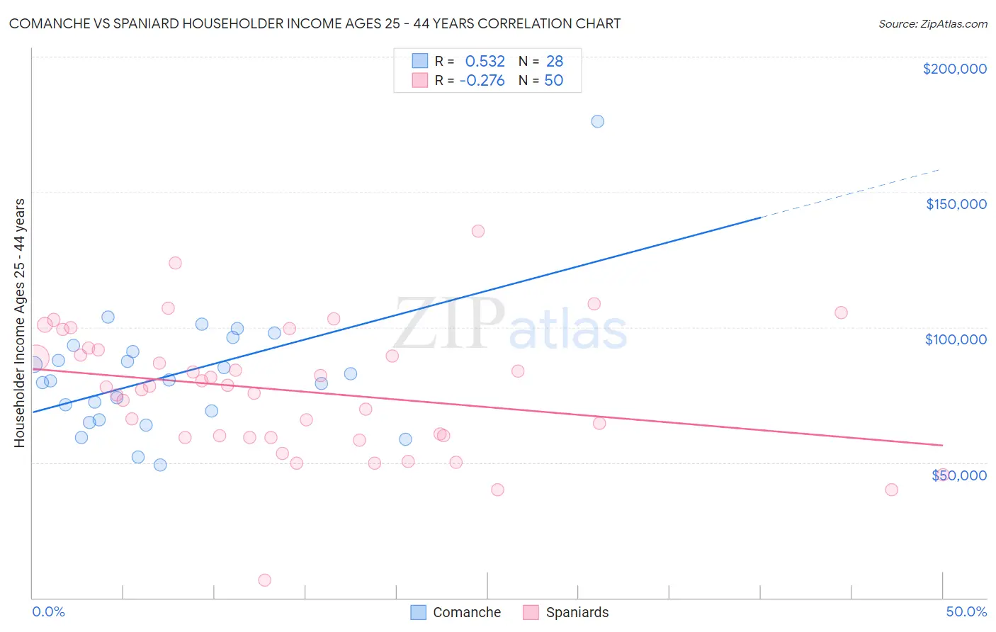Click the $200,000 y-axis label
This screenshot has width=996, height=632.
[x=954, y=69]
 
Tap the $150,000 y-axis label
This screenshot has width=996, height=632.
[x=956, y=204]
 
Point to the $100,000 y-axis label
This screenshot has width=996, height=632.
[x=956, y=339]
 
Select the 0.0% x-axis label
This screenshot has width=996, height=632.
[x=48, y=611]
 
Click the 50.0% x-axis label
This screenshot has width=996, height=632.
[x=966, y=611]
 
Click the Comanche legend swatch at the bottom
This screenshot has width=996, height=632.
[x=419, y=612]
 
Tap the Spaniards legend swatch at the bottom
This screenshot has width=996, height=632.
[x=531, y=612]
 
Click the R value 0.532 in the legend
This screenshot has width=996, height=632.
[x=485, y=62]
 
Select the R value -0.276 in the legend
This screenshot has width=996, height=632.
[x=482, y=81]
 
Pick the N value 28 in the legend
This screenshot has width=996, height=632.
[x=555, y=62]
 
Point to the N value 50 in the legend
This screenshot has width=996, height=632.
[x=554, y=81]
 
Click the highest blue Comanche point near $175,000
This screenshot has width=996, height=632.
[x=598, y=121]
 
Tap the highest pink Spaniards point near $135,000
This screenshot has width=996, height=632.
[x=478, y=231]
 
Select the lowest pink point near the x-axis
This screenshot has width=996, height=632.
[x=265, y=580]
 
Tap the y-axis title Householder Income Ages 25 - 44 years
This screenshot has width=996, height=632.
[x=19, y=322]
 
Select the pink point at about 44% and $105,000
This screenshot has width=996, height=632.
[x=841, y=312]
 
